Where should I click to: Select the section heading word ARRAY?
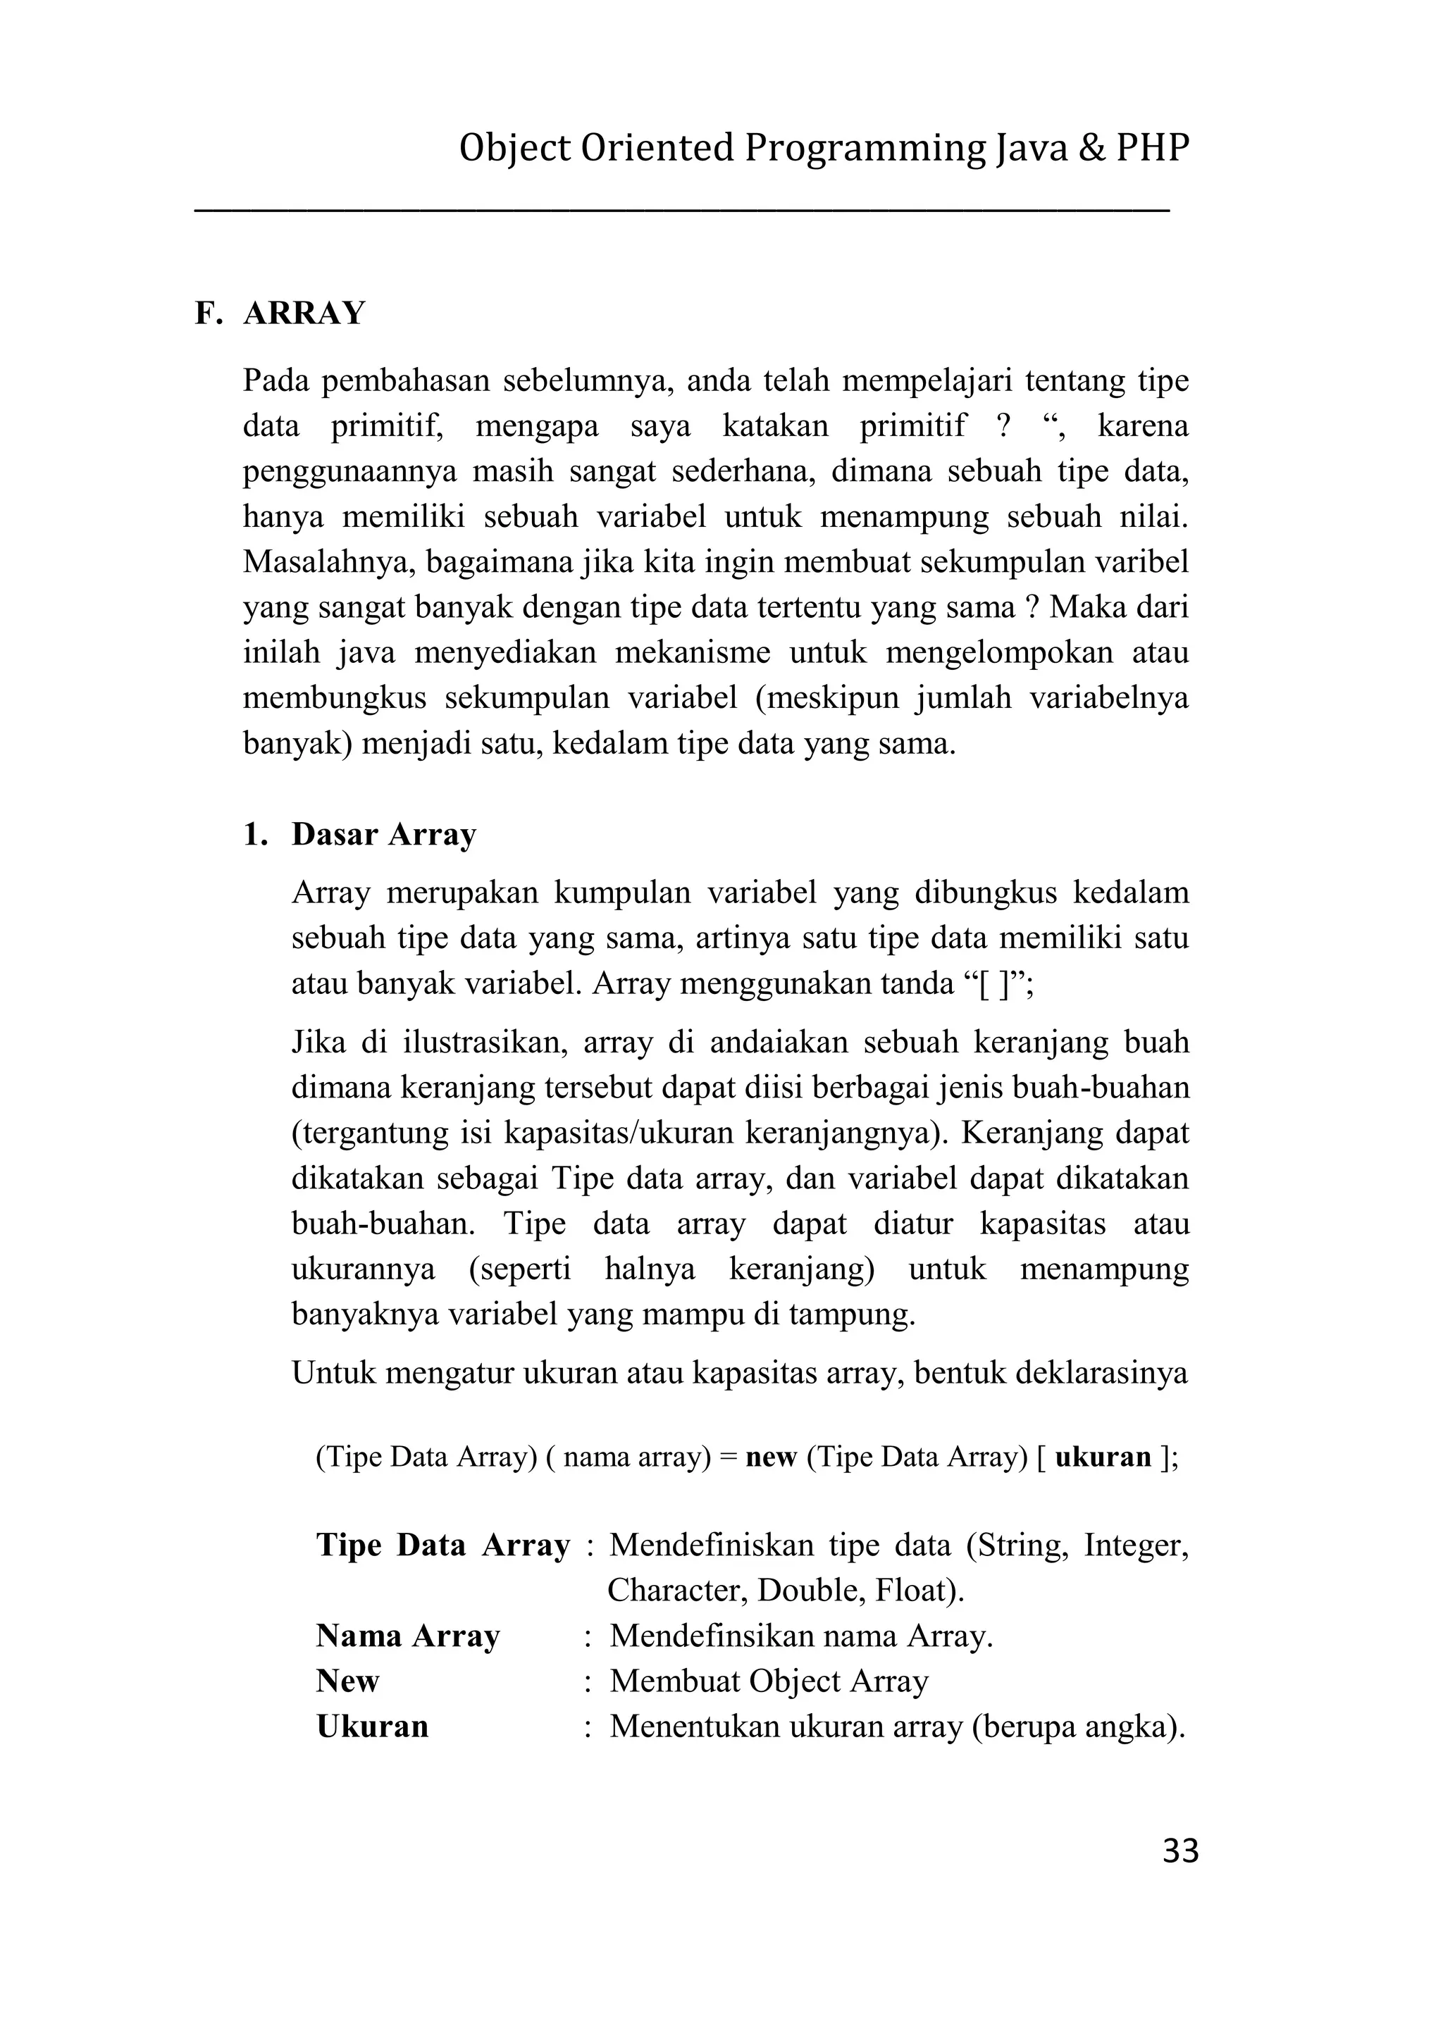click(x=304, y=313)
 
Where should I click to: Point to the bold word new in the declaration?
click(x=772, y=1456)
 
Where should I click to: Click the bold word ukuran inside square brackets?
click(x=1103, y=1456)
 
